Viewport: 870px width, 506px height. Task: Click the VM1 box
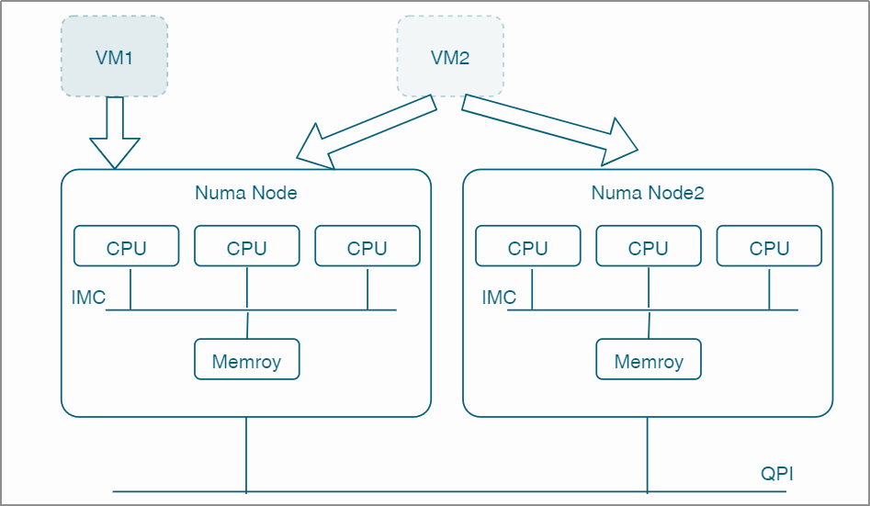click(115, 57)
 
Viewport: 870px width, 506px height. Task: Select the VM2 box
click(450, 57)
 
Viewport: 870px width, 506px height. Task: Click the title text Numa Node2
click(648, 193)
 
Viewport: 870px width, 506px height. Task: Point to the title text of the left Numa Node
click(246, 193)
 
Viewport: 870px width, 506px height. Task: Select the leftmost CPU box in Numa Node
click(127, 247)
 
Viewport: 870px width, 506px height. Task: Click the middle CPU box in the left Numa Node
click(247, 247)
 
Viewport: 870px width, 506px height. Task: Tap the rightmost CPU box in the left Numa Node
click(367, 247)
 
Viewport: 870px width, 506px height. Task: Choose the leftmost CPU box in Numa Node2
click(528, 247)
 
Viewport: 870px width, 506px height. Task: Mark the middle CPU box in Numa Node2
click(649, 247)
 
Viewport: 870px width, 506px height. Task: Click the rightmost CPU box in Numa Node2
click(769, 247)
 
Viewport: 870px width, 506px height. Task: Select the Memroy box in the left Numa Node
click(247, 360)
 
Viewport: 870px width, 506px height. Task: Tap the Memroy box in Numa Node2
click(649, 360)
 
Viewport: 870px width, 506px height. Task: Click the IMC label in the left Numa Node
click(88, 298)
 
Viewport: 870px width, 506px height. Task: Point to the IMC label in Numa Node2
click(499, 298)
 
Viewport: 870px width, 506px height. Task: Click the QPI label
click(777, 475)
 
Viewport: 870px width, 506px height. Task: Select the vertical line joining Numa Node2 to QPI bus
click(648, 455)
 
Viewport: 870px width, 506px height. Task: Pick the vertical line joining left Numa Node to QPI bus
click(246, 455)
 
